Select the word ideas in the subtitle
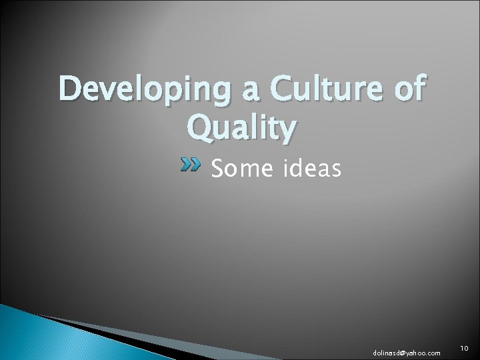point(311,169)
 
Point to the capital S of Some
point(217,169)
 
